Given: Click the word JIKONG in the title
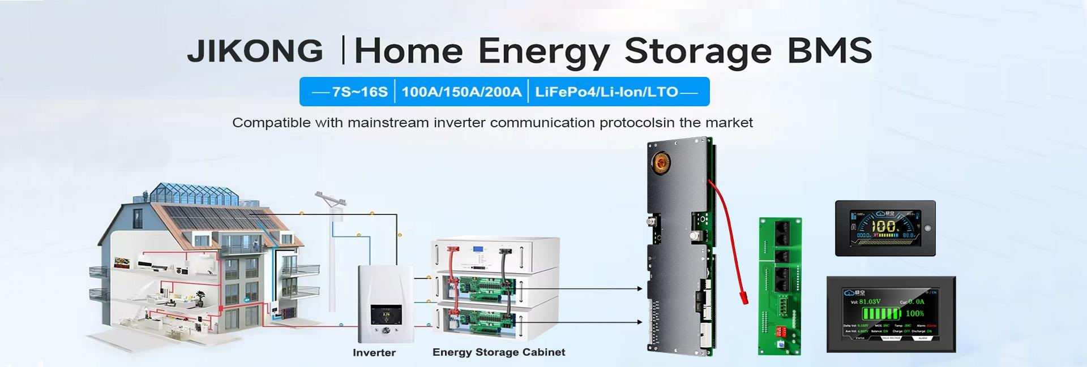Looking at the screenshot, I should tap(255, 51).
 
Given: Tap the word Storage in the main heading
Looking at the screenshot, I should tap(697, 51).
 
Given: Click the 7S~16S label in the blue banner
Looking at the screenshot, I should tap(360, 92).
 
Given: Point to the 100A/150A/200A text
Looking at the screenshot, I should tap(461, 92).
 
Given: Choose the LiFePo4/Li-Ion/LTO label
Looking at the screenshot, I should tap(606, 92).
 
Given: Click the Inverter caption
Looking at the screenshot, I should tap(374, 353).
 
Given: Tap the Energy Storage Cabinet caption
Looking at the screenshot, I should tap(499, 352).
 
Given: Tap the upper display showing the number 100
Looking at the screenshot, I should tap(884, 228).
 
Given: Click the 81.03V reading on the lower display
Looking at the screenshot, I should tap(870, 302).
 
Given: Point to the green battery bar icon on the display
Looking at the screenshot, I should tap(880, 314).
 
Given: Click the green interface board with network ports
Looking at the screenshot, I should tap(780, 286).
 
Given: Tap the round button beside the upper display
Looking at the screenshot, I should tap(927, 228).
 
